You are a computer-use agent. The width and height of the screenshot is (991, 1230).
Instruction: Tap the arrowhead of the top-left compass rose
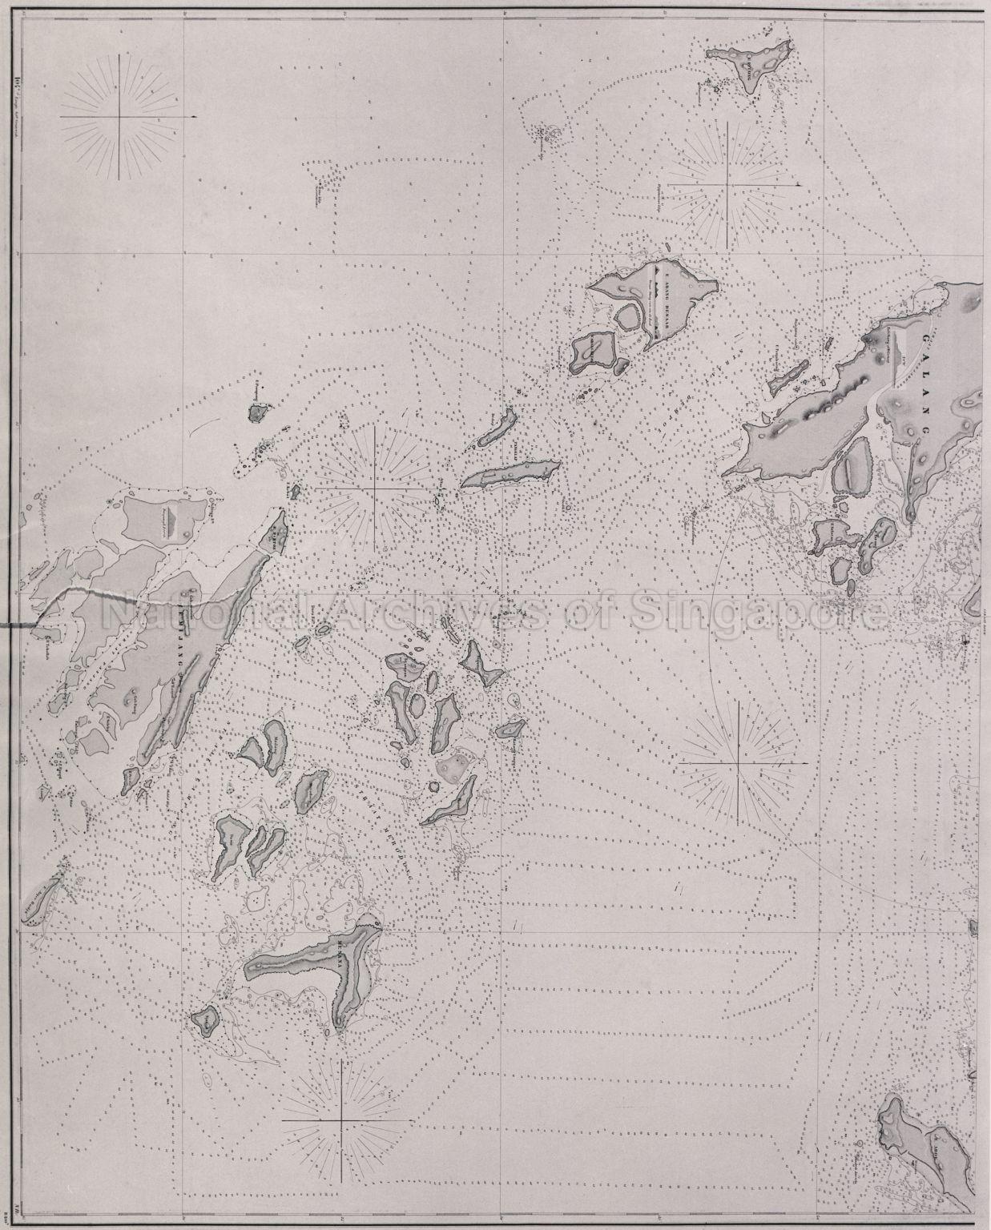(192, 117)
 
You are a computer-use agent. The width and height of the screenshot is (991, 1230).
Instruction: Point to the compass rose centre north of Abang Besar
(727, 184)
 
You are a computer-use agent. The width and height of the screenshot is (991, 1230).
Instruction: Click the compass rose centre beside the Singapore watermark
(738, 764)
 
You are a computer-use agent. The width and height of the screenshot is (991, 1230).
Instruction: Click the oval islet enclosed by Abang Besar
(627, 318)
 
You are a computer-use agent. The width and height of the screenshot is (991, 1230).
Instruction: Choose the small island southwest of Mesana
(203, 1021)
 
